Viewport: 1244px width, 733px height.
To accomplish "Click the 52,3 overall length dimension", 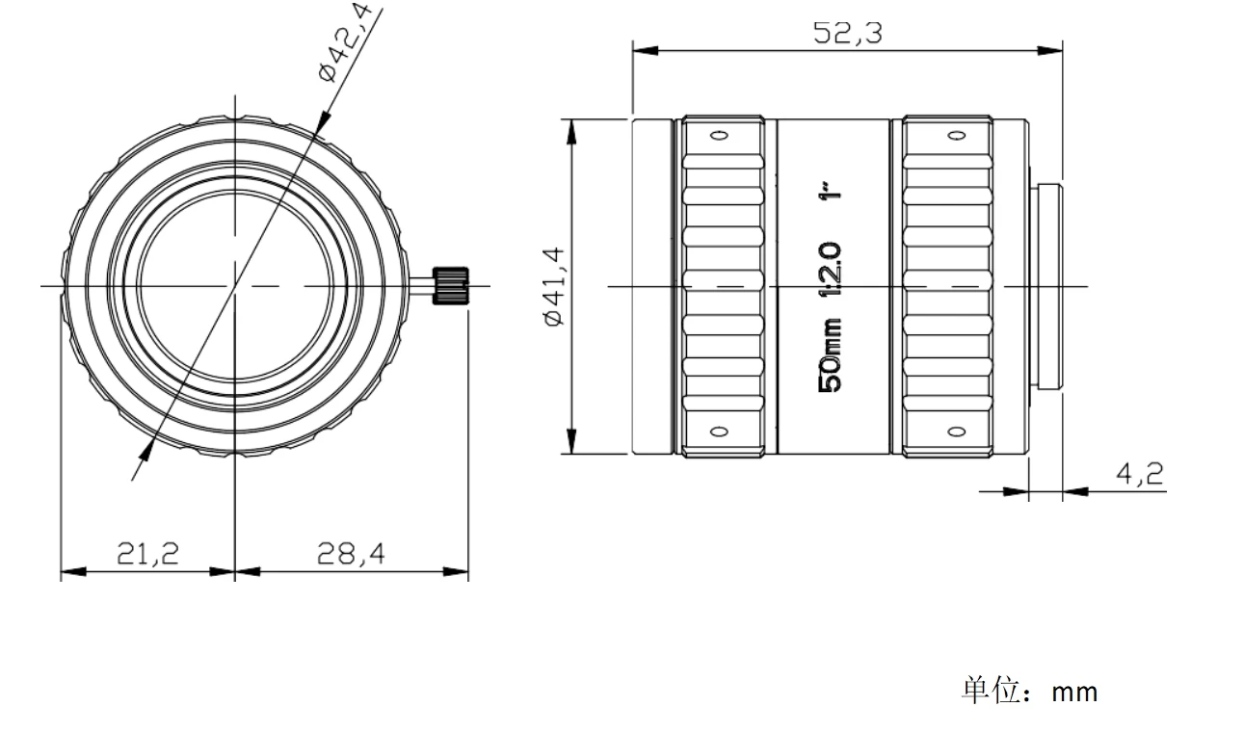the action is point(847,33).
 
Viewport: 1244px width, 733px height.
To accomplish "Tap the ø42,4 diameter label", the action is point(345,42).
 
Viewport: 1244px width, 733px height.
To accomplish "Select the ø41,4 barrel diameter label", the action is point(555,286).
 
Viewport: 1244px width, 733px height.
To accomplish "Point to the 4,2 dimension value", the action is point(1140,474).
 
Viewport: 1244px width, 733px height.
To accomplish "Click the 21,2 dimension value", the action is point(147,554).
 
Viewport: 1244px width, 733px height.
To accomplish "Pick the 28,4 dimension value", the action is point(351,554).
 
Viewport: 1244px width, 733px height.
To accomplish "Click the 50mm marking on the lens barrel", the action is point(831,355).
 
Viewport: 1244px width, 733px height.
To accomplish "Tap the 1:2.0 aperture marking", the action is point(831,270).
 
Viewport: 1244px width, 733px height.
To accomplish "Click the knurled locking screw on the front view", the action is point(450,286).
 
